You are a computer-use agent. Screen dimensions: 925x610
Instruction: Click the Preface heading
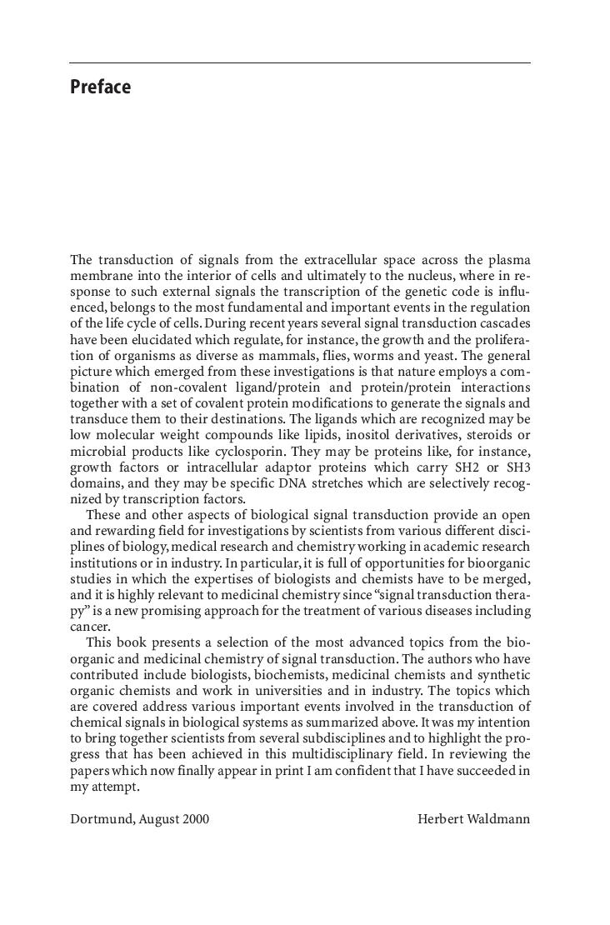click(x=100, y=87)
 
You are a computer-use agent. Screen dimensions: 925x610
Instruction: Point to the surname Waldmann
click(x=500, y=818)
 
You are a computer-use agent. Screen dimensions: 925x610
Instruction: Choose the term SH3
click(x=517, y=467)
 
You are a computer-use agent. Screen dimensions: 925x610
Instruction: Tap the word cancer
click(x=89, y=627)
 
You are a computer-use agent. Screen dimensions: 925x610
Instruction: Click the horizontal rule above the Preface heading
click(x=300, y=63)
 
